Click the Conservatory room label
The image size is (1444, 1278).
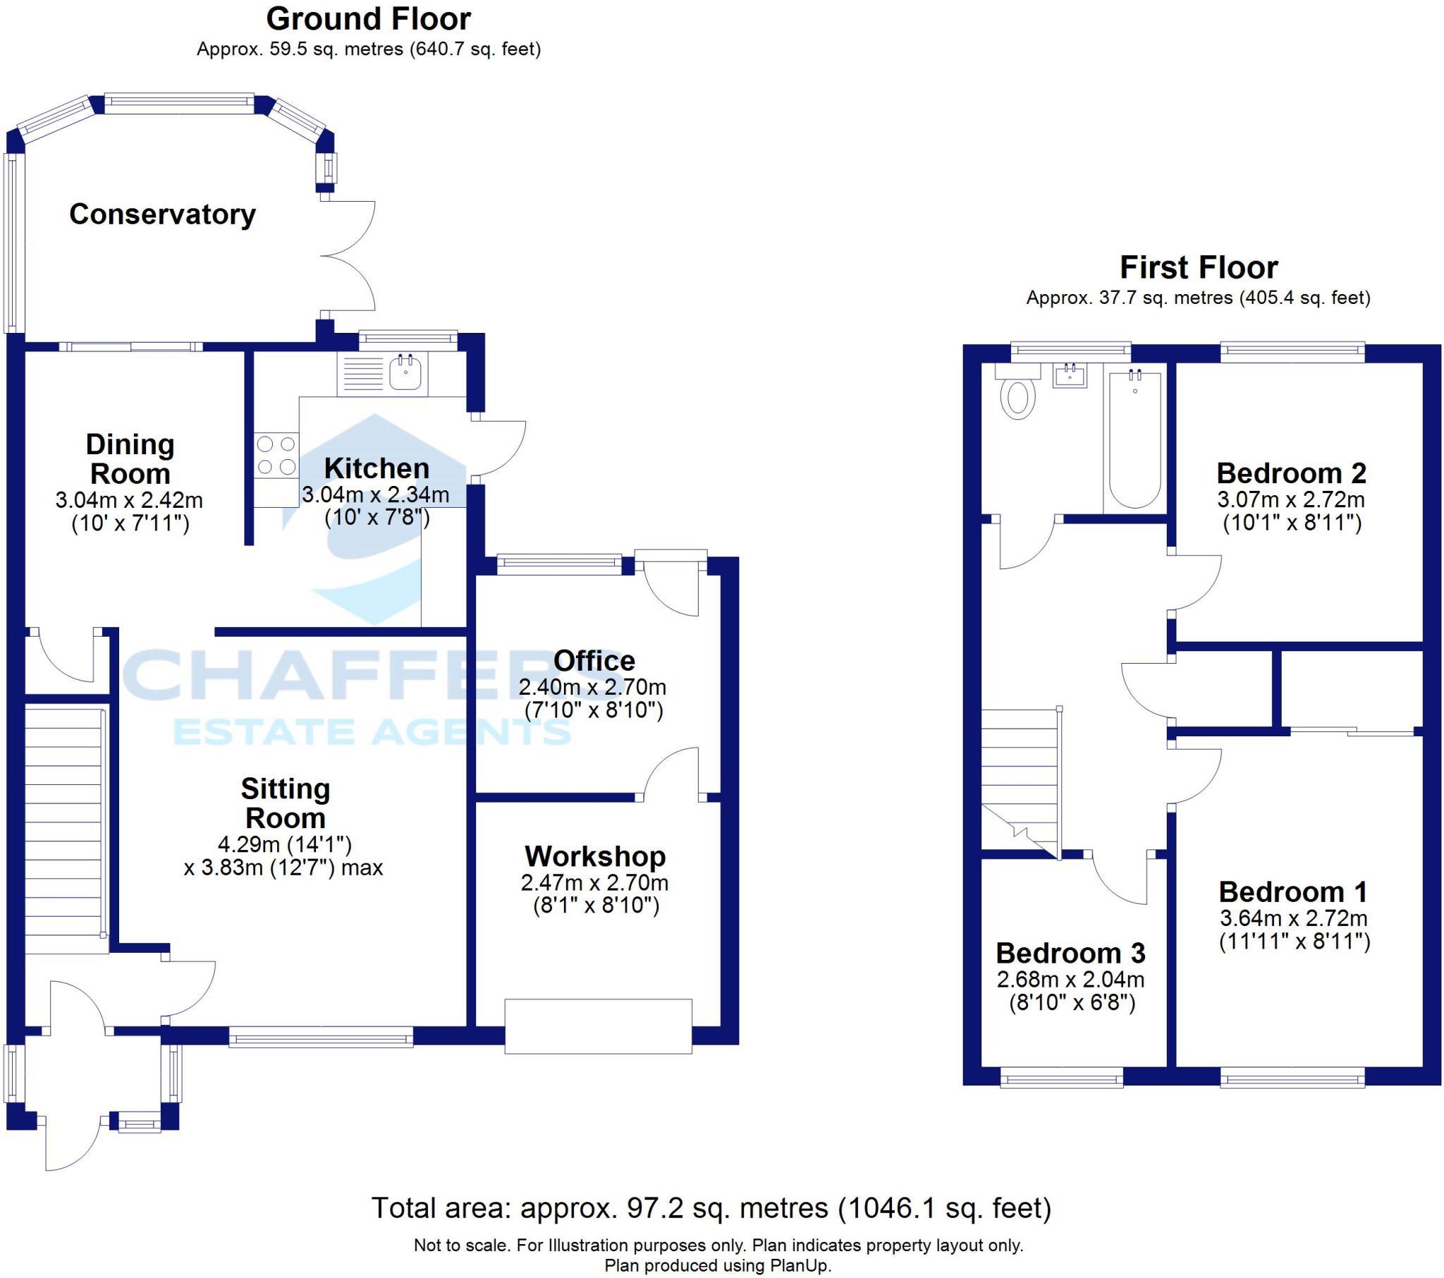162,215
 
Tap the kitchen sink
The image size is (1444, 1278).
406,372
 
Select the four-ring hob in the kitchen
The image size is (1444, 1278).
276,455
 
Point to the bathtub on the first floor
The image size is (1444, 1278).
1134,438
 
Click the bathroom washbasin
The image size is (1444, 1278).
1070,375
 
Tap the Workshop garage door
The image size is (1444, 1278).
598,1026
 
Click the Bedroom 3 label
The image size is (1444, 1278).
1070,954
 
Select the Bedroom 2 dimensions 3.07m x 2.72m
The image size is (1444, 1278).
1291,500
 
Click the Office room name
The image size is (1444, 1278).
594,661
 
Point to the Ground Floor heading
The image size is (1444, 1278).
368,19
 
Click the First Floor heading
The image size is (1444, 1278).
1199,268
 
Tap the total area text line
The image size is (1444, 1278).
711,1208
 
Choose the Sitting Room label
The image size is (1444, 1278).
286,803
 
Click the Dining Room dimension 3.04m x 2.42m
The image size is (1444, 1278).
129,501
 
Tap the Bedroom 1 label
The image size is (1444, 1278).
1293,892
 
